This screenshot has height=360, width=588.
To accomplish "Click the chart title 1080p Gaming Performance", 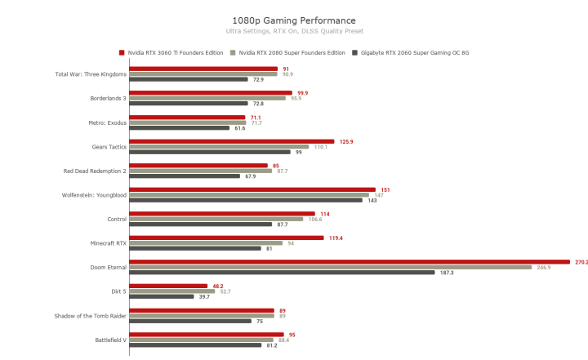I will pos(294,20).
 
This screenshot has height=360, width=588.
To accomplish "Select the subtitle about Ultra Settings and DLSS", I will pos(294,31).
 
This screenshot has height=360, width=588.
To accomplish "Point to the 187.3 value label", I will pos(446,273).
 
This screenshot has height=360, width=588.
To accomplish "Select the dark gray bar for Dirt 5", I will pos(162,296).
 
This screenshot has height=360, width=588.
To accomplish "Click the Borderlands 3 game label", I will pos(108,99).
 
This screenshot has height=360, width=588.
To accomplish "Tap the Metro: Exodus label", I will pos(108,122).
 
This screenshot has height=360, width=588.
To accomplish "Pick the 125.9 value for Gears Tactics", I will pos(346,141).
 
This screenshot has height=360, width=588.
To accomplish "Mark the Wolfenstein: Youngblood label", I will pos(94,195).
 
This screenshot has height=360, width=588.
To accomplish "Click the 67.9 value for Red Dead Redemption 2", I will pos(250,176).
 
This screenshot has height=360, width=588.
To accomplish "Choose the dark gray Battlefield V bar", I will pos(195,345).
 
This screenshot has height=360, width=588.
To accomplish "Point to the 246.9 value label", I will pos(543,267).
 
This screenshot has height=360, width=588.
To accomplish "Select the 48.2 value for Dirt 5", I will pos(218,286).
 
